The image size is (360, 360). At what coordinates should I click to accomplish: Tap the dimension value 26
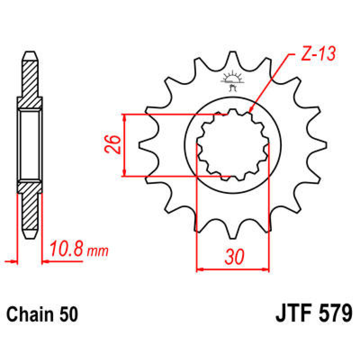(x=113, y=145)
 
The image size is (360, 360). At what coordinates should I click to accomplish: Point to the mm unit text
(x=97, y=251)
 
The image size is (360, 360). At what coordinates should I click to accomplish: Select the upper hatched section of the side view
(x=30, y=82)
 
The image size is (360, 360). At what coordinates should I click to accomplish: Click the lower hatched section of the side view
(x=30, y=207)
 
